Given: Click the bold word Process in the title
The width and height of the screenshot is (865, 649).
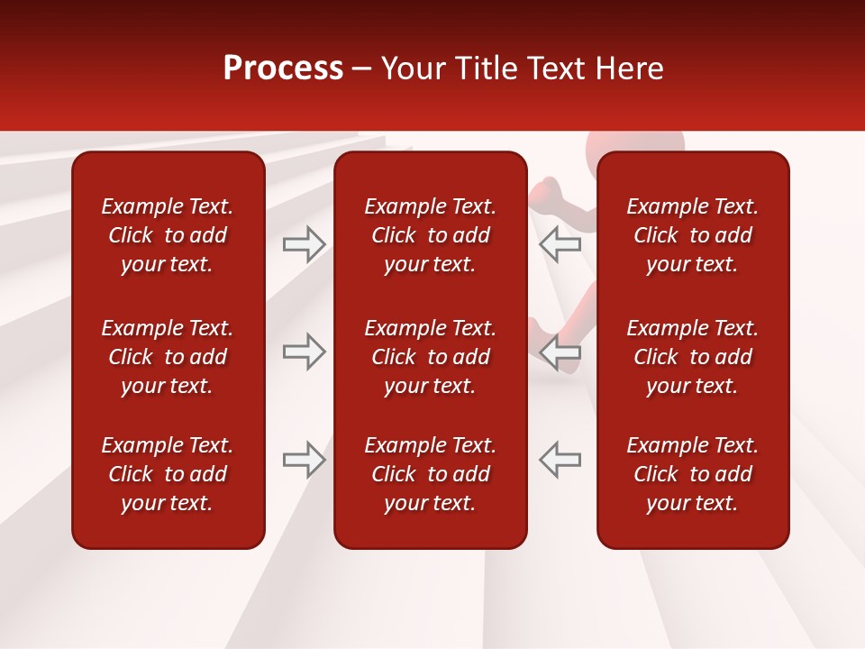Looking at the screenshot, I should coord(283,69).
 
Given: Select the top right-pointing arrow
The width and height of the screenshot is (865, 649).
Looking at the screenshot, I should coord(304,243).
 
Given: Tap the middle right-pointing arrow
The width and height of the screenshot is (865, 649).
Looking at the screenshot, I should coord(304,352).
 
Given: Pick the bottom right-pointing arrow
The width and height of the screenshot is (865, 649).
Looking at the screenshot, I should coord(304,459).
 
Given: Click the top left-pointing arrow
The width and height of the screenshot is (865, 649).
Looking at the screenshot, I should coord(560,243).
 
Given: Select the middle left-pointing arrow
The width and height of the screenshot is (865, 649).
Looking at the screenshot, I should coord(560,352).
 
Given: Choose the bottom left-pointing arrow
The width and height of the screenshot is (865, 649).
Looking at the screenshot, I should coord(560,459).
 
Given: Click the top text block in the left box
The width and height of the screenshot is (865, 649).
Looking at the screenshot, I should coord(168,235).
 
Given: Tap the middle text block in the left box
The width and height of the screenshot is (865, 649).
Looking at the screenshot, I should coord(168,357).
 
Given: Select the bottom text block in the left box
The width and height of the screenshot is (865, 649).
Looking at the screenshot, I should coord(168,474).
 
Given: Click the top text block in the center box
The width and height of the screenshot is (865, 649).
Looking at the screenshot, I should coord(431,235).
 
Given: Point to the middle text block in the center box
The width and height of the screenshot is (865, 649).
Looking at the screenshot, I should coord(431,357).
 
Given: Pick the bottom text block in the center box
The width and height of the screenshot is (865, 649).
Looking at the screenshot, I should coord(431,474).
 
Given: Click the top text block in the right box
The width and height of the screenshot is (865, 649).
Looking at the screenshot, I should coord(693,235).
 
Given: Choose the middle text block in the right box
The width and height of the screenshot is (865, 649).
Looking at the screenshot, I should coord(693,357).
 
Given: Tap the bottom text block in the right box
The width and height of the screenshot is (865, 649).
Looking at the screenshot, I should coord(693,474).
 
